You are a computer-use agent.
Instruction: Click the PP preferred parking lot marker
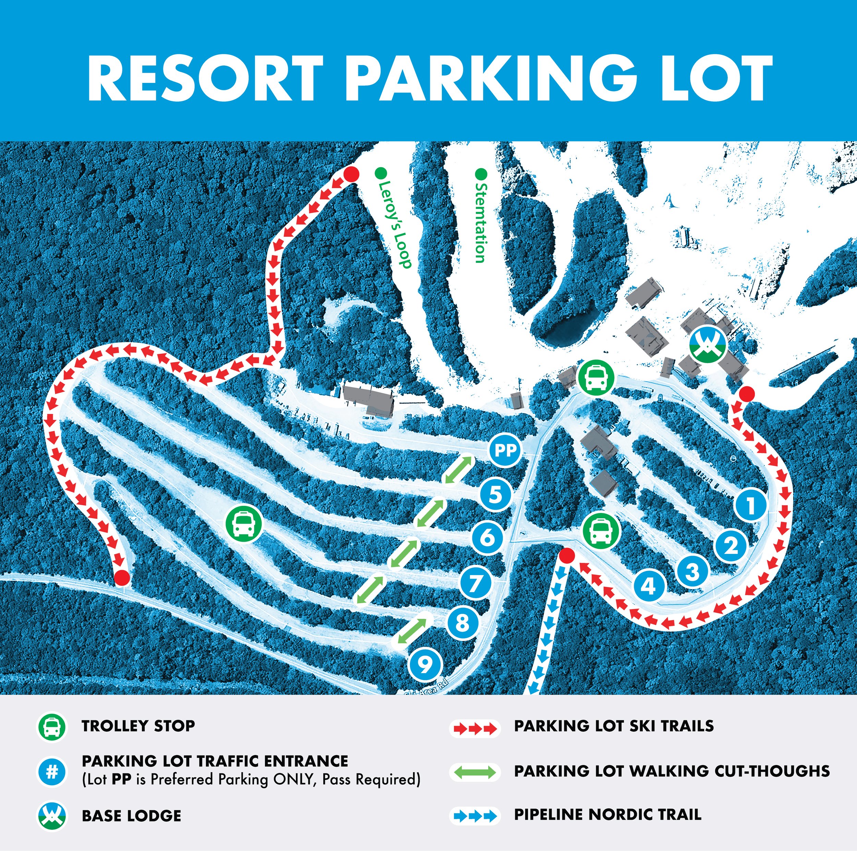click(x=506, y=451)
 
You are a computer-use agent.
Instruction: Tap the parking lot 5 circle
click(x=496, y=494)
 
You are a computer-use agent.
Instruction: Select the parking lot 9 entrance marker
click(x=425, y=664)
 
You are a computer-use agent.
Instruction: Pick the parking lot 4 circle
click(x=649, y=586)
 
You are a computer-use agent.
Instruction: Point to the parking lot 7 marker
click(x=476, y=582)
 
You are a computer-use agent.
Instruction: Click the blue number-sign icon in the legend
click(x=52, y=771)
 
